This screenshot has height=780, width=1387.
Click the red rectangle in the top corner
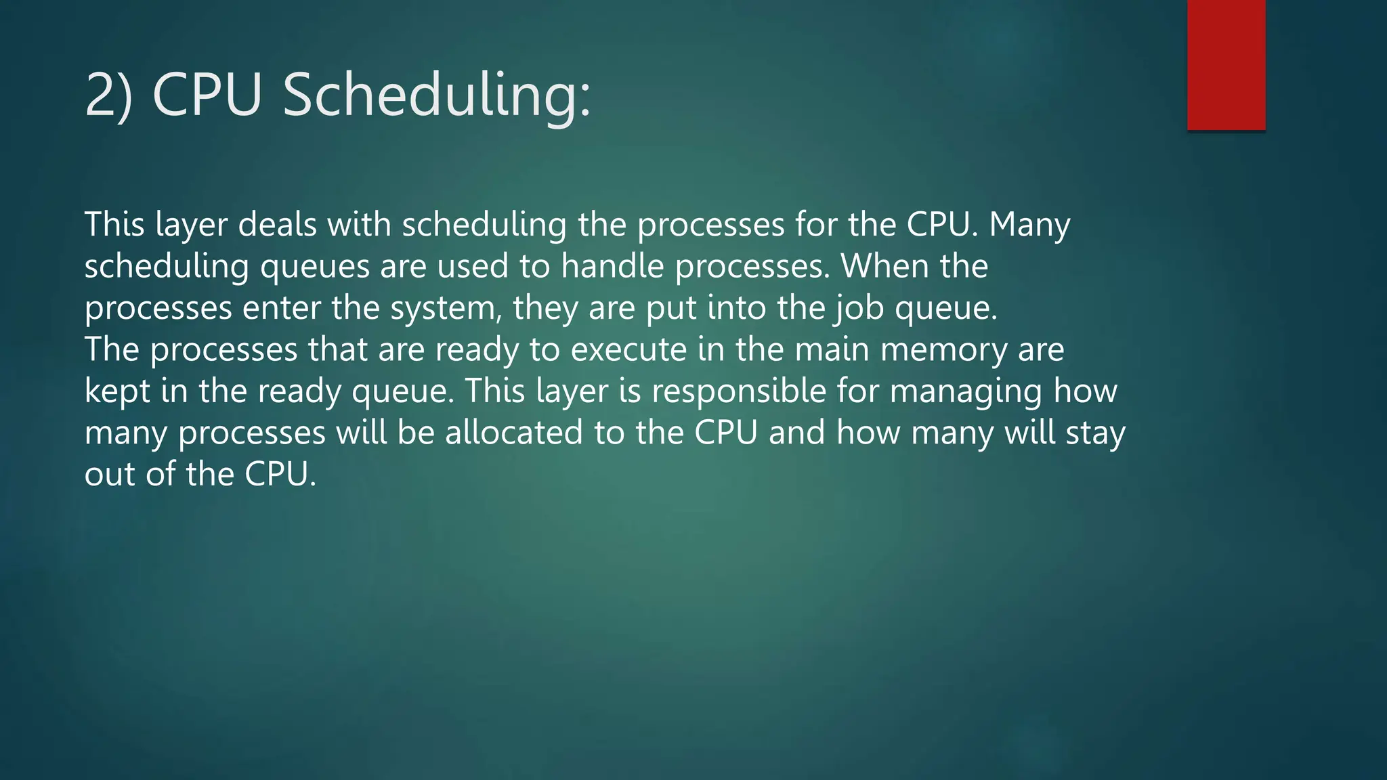(x=1226, y=65)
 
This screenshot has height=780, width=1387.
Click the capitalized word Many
(x=1029, y=225)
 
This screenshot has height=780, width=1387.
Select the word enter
(x=282, y=308)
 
